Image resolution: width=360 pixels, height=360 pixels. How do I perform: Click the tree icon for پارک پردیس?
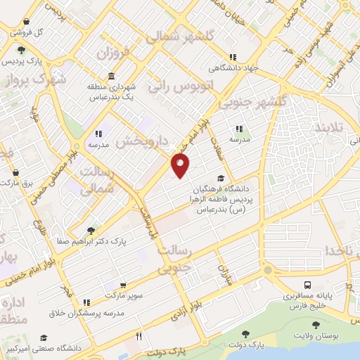click(22, 49)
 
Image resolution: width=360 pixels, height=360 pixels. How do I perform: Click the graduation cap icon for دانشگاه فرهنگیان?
click(221, 178)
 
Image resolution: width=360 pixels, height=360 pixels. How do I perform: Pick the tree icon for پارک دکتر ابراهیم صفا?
click(90, 229)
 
